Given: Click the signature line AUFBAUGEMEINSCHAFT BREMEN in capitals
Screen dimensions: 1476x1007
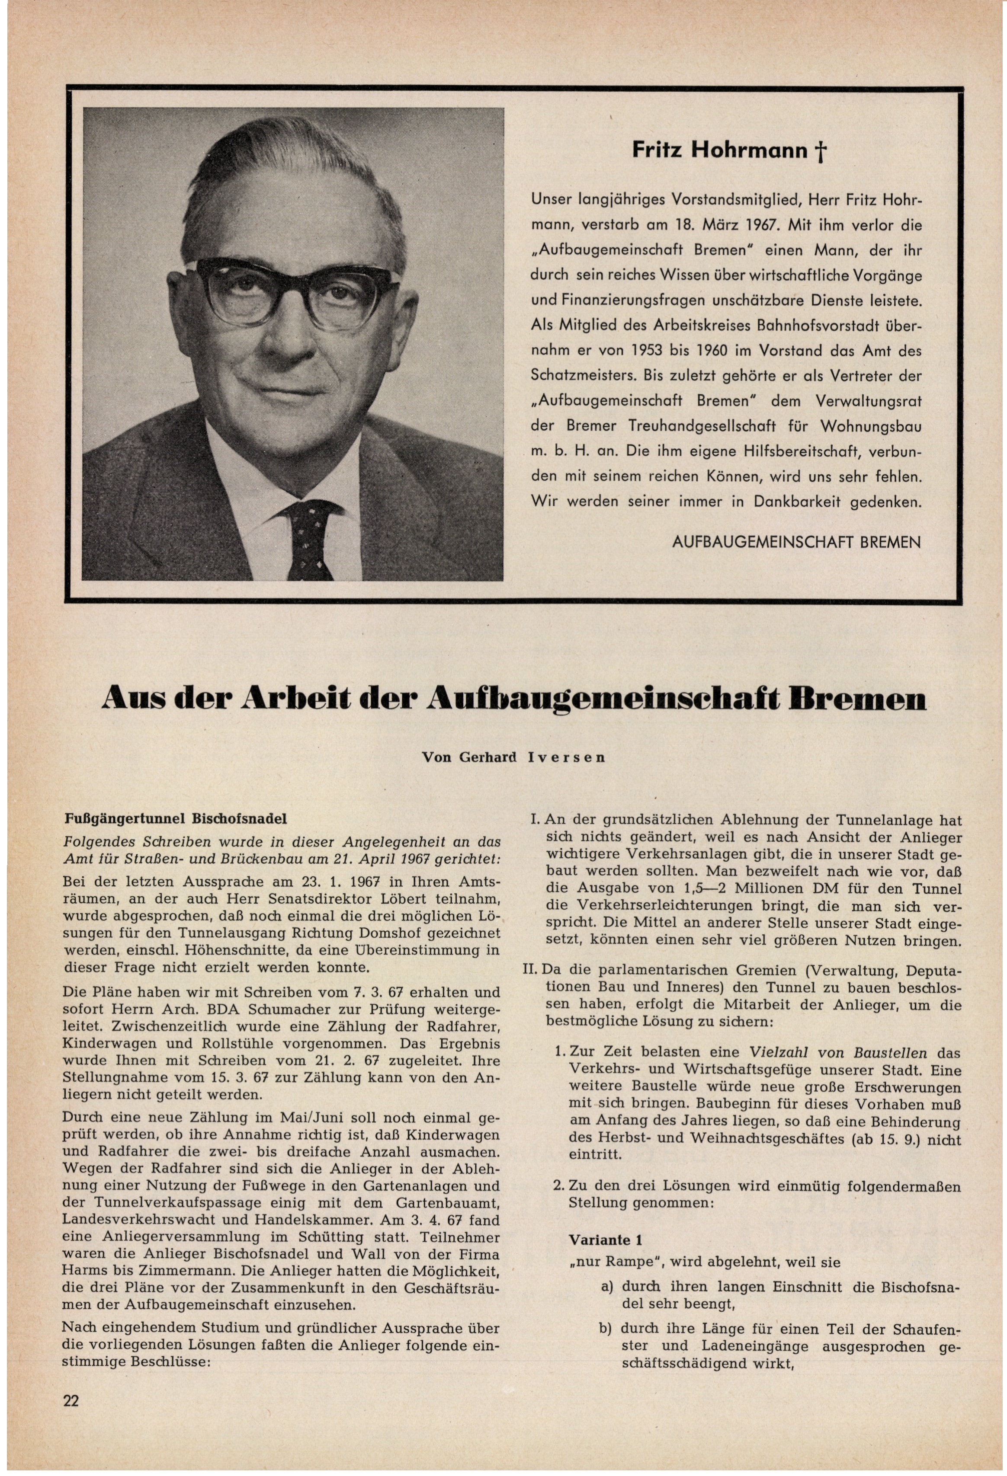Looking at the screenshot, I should pyautogui.click(x=795, y=543).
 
